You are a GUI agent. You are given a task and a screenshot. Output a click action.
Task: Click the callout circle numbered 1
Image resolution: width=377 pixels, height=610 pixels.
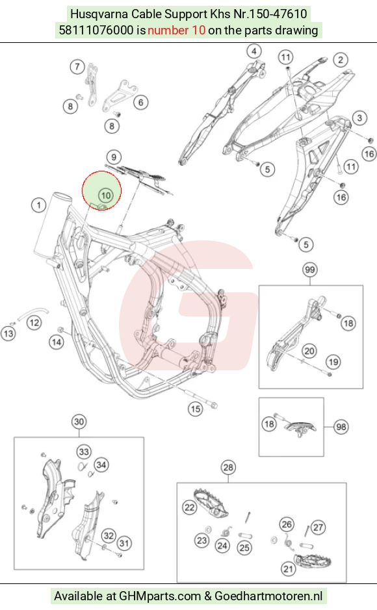click(38, 205)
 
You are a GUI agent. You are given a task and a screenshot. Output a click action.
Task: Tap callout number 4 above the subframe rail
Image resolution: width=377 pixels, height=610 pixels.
click(254, 51)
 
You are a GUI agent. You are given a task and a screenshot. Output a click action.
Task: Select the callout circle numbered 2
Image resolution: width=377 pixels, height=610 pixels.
click(341, 60)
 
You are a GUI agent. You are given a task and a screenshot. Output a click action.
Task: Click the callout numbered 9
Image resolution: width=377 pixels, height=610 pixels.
click(114, 157)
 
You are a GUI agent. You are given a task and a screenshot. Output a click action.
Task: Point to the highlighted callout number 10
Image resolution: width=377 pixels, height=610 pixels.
click(106, 196)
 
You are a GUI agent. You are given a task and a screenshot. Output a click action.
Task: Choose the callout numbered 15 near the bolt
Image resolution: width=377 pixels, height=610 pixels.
click(195, 409)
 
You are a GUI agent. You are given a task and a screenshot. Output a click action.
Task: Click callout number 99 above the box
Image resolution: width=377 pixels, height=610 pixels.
click(309, 270)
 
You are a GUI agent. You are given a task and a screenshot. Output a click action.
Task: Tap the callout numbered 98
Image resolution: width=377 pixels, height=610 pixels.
click(341, 427)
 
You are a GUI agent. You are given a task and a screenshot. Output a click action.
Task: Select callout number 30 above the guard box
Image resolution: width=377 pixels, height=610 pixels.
click(79, 422)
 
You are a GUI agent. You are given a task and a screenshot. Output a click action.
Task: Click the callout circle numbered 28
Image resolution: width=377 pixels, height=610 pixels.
click(228, 467)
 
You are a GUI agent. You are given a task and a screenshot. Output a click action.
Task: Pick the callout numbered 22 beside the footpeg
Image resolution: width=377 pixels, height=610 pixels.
click(189, 508)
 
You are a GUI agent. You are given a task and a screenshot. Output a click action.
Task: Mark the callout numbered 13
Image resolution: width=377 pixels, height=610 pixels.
click(8, 333)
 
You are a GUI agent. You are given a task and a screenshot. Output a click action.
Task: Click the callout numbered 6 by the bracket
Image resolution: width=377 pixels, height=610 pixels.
click(141, 102)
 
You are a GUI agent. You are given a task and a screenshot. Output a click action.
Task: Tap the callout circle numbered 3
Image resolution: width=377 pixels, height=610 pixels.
click(359, 118)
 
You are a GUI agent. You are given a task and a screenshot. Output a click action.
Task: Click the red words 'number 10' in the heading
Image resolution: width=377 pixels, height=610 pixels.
click(176, 30)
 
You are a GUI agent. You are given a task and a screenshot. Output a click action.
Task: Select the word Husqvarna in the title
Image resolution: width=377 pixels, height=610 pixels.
click(99, 14)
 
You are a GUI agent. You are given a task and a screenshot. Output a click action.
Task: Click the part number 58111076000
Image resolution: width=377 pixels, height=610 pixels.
click(96, 30)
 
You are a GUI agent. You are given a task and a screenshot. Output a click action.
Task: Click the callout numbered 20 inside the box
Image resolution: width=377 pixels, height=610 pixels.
click(309, 351)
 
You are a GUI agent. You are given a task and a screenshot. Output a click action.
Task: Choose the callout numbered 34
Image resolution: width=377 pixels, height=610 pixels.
click(101, 464)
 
